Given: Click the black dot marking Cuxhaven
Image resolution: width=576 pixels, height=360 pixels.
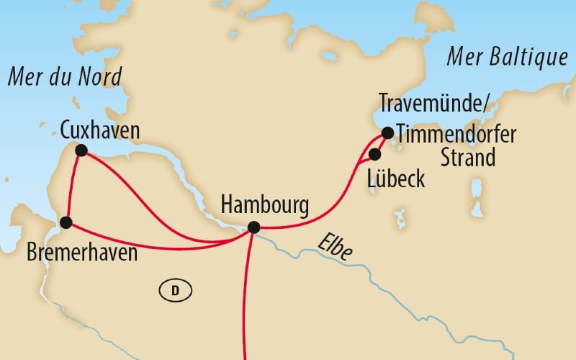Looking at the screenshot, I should coord(81,150).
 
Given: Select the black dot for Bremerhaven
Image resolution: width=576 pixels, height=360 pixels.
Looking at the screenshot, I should coord(66,222).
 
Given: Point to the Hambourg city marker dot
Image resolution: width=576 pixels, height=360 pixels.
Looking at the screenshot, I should coord(253,228).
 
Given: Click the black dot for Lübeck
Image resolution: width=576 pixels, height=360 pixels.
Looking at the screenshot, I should coord(374,154).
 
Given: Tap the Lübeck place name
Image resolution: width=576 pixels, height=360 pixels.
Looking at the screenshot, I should coord(396,178).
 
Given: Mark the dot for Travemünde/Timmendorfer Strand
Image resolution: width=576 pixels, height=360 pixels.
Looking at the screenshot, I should coord(387,132).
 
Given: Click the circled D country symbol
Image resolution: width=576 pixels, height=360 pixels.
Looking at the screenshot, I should coord(174,290).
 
